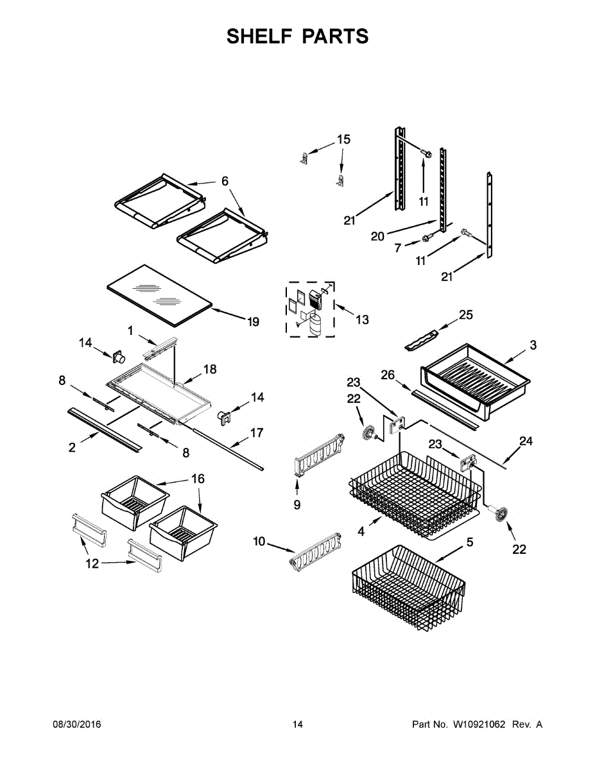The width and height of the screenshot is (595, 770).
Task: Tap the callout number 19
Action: [253, 321]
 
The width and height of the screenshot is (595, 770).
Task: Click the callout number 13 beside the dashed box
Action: [362, 319]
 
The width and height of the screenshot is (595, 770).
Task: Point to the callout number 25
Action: [465, 314]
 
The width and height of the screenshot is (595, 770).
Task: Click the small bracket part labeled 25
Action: [421, 338]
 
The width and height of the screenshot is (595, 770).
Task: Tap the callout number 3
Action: [533, 345]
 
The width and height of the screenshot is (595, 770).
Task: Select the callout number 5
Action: [470, 542]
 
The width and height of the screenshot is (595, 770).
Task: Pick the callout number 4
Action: [361, 531]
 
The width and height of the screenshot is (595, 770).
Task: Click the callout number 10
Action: [259, 542]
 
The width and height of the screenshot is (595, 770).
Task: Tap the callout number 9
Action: [297, 505]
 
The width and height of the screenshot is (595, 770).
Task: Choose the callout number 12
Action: [92, 563]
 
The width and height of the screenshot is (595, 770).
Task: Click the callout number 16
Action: [198, 479]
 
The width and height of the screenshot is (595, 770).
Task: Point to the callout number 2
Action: [72, 447]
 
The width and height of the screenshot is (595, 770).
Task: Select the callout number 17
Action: [256, 433]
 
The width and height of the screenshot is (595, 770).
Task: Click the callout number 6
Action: [225, 182]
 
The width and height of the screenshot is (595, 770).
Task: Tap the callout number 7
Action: [397, 248]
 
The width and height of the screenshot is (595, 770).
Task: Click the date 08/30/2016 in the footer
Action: [76, 724]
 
